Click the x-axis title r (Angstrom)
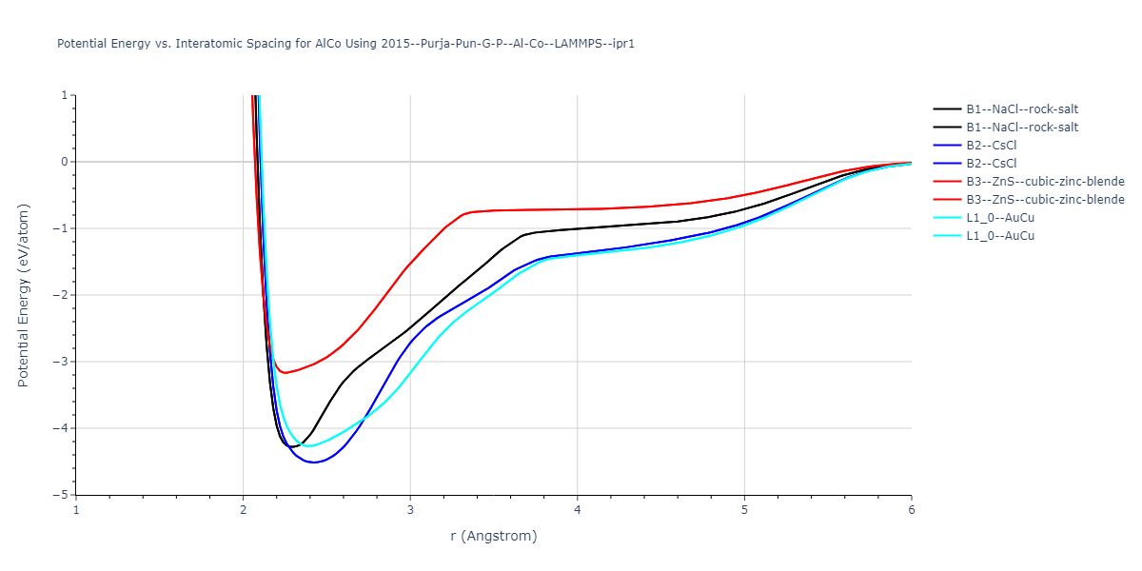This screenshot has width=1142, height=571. pos(493,536)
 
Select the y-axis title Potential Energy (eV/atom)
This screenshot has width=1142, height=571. pos(24,295)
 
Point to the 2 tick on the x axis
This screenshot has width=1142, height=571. pos(243,509)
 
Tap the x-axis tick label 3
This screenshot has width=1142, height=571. pos(410,509)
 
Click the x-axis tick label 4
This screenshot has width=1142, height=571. pos(578,509)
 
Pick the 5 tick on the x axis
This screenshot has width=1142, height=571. pos(744,509)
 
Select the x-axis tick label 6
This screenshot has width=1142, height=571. pos(912,509)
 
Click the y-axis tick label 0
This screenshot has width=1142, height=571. pos(65,162)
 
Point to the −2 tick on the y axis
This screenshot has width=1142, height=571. pos(61,295)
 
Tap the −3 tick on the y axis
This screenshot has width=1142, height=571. pos(61,362)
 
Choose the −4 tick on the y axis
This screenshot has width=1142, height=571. pos(61,428)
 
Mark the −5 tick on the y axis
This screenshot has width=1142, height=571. pos(61,495)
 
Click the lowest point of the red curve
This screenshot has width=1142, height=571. pos(285,372)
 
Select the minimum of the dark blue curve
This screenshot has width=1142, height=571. pos(313,463)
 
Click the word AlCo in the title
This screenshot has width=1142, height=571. pos(328,44)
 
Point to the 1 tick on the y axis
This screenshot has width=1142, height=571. pos(65,95)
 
